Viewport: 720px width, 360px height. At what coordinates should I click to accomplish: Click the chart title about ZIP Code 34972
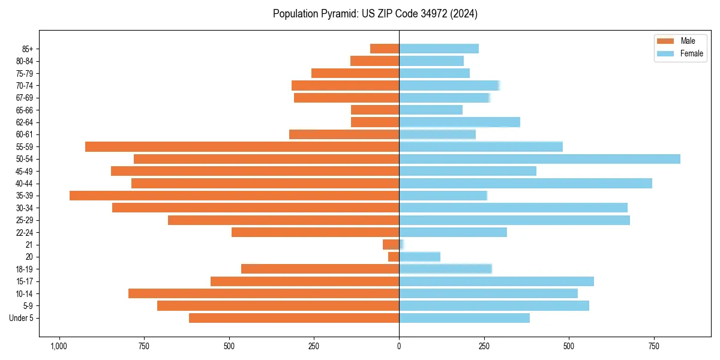[375, 14]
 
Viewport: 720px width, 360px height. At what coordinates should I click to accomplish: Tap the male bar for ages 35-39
[234, 196]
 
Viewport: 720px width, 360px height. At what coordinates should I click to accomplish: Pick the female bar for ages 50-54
[539, 159]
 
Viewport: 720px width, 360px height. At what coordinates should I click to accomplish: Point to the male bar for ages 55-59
[242, 146]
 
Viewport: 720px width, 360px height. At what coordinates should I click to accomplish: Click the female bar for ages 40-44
[526, 184]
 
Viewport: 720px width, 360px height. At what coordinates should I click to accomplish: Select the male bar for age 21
[391, 245]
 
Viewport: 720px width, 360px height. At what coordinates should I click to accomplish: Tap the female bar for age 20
[419, 257]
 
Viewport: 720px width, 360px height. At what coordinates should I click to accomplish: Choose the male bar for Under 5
[294, 318]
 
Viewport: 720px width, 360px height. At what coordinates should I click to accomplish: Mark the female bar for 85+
[439, 49]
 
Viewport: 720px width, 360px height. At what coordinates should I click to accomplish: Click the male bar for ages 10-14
[263, 293]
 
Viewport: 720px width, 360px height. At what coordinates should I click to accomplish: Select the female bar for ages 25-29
[514, 220]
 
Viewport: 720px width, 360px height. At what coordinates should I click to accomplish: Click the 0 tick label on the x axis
[399, 346]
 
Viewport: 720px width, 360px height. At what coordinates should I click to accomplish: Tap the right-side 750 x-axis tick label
[654, 346]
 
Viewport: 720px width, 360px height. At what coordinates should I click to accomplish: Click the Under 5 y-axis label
[22, 318]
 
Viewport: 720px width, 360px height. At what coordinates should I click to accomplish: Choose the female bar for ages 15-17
[496, 281]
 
